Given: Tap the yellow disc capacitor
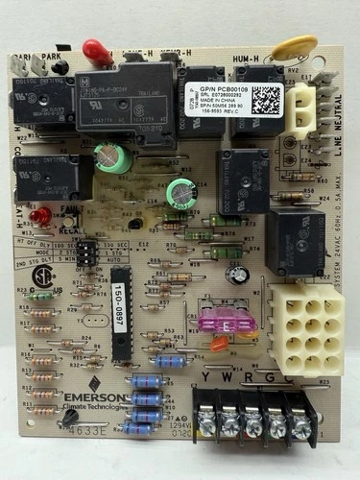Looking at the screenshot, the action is click(x=276, y=47).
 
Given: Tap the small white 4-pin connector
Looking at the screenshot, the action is click(x=301, y=104).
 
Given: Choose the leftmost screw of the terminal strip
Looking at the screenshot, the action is click(x=205, y=419).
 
